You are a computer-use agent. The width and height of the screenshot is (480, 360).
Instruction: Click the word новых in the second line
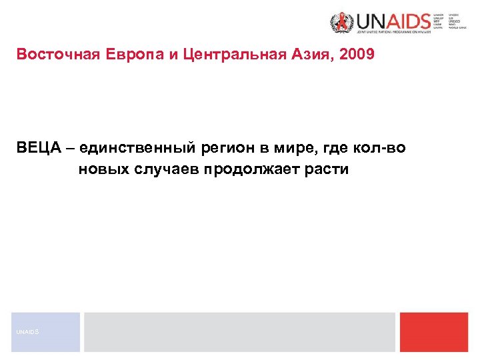click(102, 169)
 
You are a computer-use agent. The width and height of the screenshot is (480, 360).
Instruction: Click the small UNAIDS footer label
click(29, 331)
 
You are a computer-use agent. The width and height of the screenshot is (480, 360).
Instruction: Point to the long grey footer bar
click(239, 331)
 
